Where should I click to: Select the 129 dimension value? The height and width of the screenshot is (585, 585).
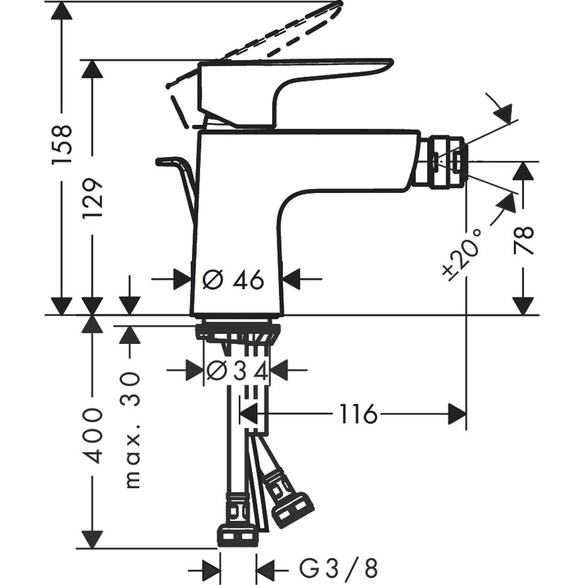pyautogui.click(x=92, y=198)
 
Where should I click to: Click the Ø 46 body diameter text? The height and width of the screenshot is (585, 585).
pyautogui.click(x=233, y=281)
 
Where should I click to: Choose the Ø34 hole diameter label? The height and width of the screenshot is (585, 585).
pyautogui.click(x=238, y=370)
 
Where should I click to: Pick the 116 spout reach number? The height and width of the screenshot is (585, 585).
pyautogui.click(x=359, y=415)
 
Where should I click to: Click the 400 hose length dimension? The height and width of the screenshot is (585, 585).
pyautogui.click(x=92, y=436)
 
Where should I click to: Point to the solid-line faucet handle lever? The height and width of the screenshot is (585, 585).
pyautogui.click(x=292, y=88)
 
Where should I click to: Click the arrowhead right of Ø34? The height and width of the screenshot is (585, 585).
pyautogui.click(x=281, y=370)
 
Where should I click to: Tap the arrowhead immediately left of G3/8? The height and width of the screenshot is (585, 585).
pyautogui.click(x=266, y=567)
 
